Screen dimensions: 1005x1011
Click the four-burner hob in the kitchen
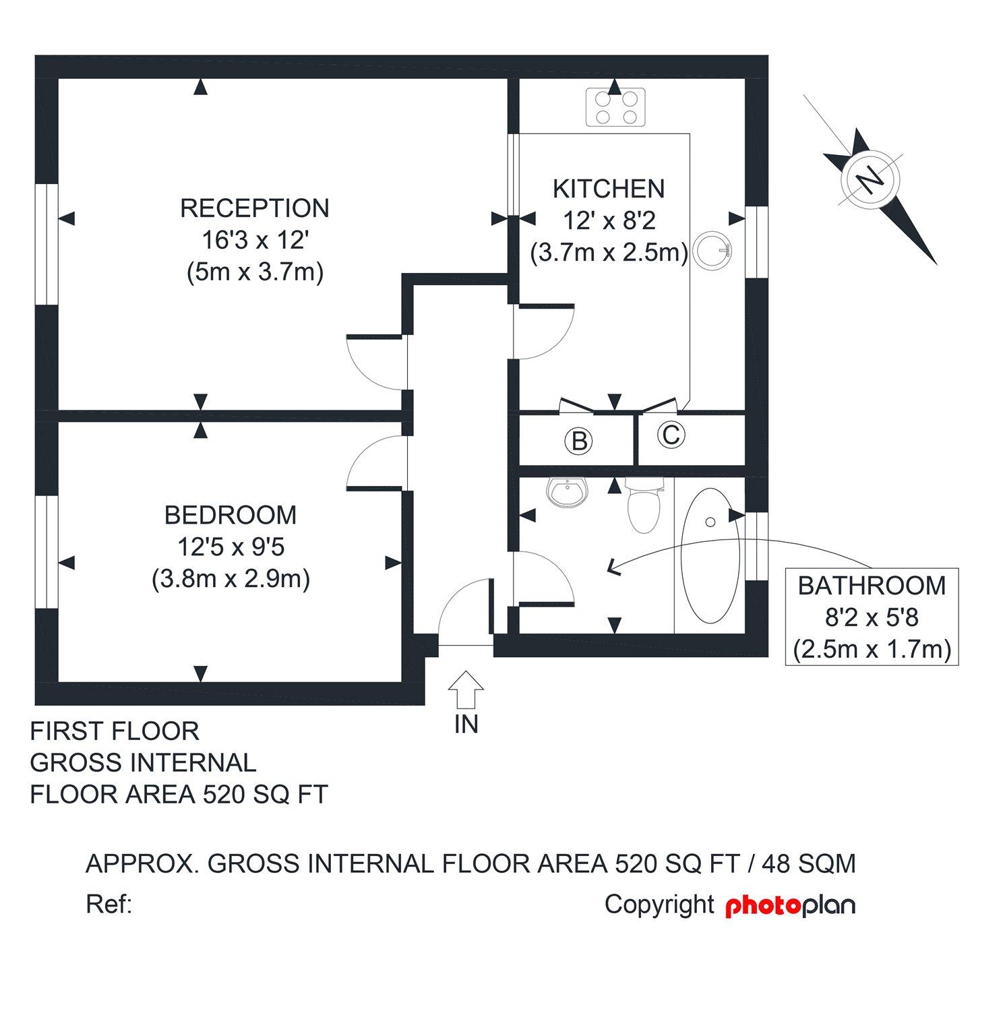pyautogui.click(x=615, y=108)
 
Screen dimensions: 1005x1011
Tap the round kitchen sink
pyautogui.click(x=712, y=251)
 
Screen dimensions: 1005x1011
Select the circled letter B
pyautogui.click(x=579, y=441)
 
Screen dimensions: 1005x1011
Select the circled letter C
pyautogui.click(x=671, y=435)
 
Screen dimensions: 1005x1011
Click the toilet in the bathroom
pyautogui.click(x=644, y=507)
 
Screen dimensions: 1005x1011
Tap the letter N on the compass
pyautogui.click(x=870, y=180)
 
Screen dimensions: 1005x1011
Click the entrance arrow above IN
pyautogui.click(x=466, y=689)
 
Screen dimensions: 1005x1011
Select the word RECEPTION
pyautogui.click(x=255, y=208)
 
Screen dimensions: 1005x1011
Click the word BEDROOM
pyautogui.click(x=231, y=516)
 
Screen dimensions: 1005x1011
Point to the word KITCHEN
pyautogui.click(x=609, y=189)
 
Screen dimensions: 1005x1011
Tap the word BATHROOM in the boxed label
pyautogui.click(x=872, y=586)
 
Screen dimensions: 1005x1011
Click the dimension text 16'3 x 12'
pyautogui.click(x=255, y=240)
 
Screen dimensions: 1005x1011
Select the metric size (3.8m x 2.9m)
pyautogui.click(x=231, y=579)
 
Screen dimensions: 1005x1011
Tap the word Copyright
pyautogui.click(x=659, y=905)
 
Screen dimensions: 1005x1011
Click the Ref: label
pyautogui.click(x=109, y=905)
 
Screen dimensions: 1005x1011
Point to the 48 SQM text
pyautogui.click(x=809, y=863)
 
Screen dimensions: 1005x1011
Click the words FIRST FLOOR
pyautogui.click(x=115, y=731)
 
